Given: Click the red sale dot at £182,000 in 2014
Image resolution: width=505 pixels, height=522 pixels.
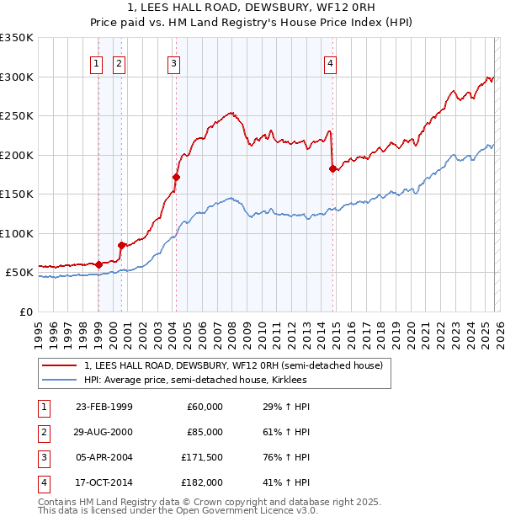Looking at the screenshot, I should point(332,169).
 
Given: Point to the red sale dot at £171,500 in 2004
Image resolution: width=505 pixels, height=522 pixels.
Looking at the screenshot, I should point(176,177).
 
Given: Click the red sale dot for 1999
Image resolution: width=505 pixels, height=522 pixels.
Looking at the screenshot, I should point(98,264).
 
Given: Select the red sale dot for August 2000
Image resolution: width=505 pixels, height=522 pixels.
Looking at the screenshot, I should point(121,245).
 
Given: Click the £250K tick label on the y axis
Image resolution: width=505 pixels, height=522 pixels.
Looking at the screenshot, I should point(17,116).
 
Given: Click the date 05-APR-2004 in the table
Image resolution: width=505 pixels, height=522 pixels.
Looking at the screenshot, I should point(104,457).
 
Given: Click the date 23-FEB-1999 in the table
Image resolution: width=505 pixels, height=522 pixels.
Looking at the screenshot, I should point(104,407).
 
